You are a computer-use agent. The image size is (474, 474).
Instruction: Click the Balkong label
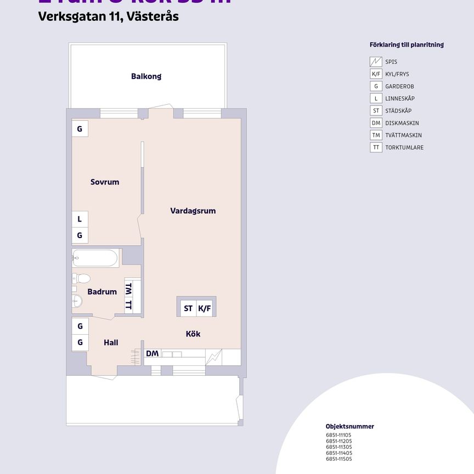pos(146,76)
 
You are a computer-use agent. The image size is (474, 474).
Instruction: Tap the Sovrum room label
pos(105,182)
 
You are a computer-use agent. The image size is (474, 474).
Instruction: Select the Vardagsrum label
pos(193,211)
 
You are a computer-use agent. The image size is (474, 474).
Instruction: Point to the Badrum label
pos(102,292)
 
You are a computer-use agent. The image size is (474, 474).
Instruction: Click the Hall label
pos(111,343)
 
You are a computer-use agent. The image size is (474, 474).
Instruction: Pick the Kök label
pos(193,334)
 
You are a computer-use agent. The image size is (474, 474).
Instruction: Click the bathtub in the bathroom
pos(95,258)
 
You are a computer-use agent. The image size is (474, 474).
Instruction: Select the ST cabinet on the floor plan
pos(188,308)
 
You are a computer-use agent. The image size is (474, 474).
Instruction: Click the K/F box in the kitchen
pos(205,308)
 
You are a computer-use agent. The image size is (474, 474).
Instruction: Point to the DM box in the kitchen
pos(153,354)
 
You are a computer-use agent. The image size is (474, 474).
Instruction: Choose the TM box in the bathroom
pos(129,288)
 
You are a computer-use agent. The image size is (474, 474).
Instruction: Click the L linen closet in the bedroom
pos(80,219)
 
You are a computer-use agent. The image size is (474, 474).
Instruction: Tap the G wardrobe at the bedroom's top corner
pos(80,129)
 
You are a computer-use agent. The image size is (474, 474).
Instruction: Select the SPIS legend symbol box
pos(376,62)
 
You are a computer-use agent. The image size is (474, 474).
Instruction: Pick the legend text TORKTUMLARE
pos(404,148)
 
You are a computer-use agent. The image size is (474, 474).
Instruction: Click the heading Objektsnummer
pos(350,426)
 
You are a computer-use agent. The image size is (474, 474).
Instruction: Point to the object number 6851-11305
pos(338,447)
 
